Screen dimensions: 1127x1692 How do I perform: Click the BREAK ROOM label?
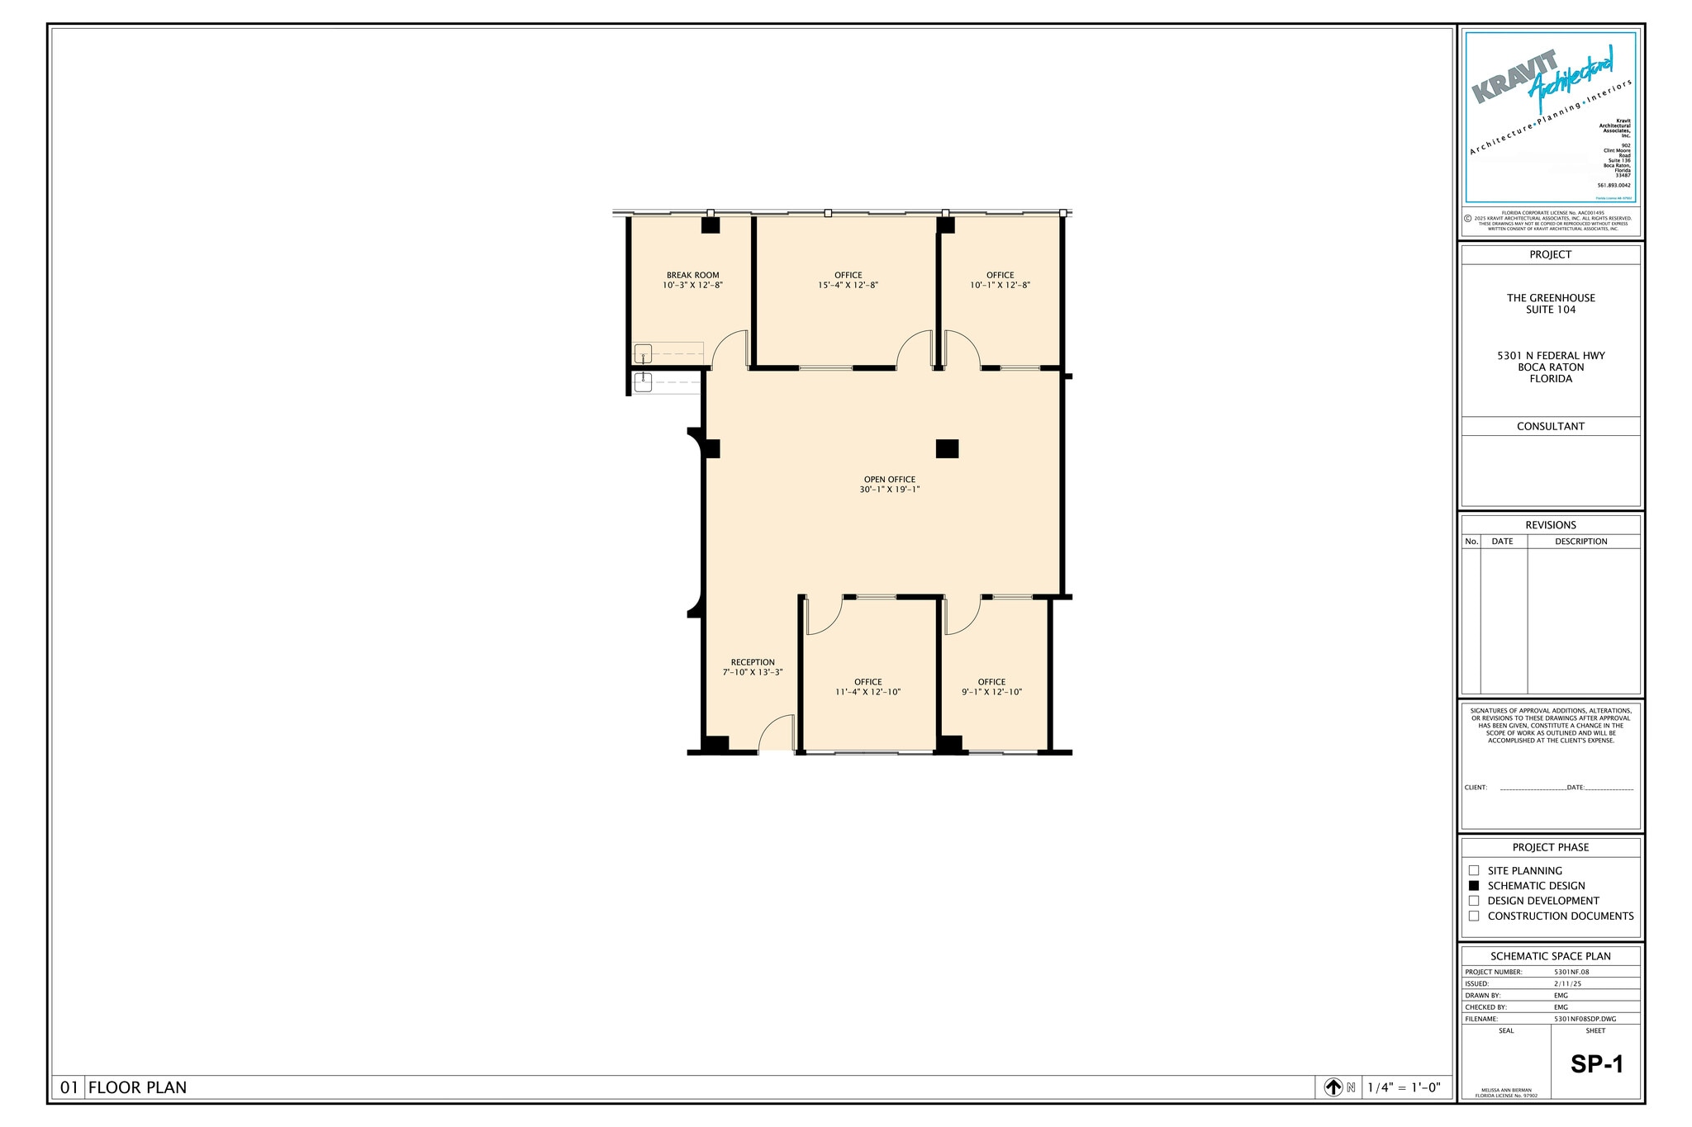pos(692,275)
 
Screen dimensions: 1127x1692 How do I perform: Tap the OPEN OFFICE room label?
pos(889,479)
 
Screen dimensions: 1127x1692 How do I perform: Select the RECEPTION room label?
pos(753,662)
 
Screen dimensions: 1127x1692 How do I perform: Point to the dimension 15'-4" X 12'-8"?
pos(848,286)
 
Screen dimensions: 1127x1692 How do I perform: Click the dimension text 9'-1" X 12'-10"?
pos(991,693)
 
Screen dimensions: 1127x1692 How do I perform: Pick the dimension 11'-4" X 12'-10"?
pos(867,693)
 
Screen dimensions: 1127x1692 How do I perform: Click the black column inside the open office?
pos(947,448)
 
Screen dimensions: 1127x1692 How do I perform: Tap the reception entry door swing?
pos(775,734)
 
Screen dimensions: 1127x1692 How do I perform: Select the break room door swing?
pos(730,349)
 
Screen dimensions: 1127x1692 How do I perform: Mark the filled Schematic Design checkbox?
pos(1474,885)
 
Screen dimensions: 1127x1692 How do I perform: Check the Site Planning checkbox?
pos(1474,870)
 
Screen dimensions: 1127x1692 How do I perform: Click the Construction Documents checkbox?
pos(1474,916)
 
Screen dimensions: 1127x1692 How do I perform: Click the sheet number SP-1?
pos(1596,1064)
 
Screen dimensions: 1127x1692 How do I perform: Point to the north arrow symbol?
pos(1333,1087)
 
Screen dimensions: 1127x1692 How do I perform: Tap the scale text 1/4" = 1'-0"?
pos(1404,1087)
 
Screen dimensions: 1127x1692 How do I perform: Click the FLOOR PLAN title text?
pos(137,1087)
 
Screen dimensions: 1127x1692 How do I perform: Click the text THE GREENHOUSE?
pos(1551,298)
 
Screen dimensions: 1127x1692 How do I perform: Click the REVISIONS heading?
pos(1551,525)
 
